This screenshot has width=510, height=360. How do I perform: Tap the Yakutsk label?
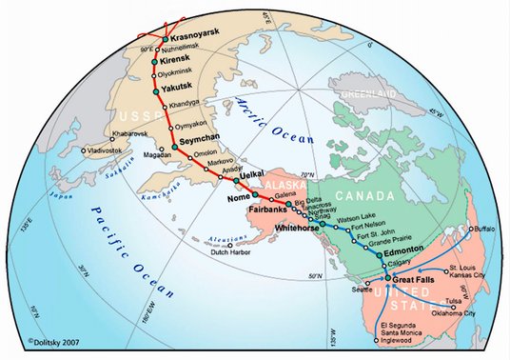(x=176, y=85)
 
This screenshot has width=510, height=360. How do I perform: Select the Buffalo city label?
(x=484, y=230)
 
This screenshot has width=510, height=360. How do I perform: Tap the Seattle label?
(x=361, y=289)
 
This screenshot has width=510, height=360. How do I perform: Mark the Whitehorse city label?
(x=294, y=229)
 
